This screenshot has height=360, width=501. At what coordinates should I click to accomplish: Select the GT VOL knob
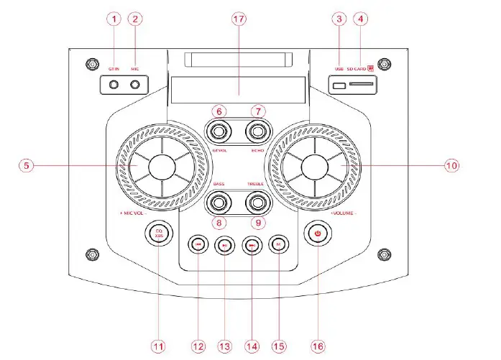(x=218, y=131)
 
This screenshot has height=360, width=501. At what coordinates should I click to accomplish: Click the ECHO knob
(x=257, y=131)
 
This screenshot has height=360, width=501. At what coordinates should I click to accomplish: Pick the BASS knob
(x=218, y=203)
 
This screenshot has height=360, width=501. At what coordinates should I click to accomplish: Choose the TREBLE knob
(x=257, y=203)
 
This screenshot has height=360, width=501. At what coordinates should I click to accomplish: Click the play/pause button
(x=225, y=245)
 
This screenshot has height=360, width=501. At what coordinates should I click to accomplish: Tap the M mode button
(x=278, y=245)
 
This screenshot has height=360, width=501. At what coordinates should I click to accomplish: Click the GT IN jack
(x=114, y=85)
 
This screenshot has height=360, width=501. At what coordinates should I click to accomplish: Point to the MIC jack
(x=135, y=85)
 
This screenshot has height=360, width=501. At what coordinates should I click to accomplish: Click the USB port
(x=338, y=86)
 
